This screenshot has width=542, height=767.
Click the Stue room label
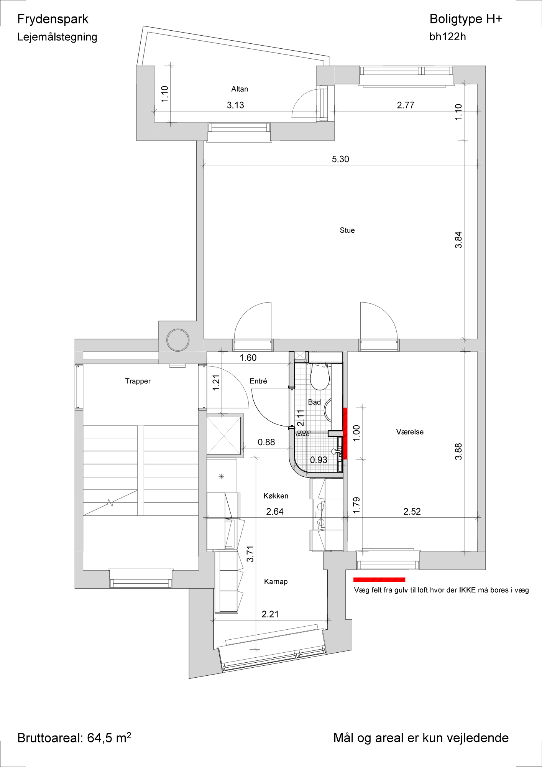click(347, 230)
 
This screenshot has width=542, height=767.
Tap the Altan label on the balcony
click(240, 89)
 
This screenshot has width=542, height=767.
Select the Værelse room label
click(410, 432)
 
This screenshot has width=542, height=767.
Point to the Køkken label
click(276, 496)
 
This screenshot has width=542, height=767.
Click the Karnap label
click(276, 581)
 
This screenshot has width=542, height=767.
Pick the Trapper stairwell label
click(138, 381)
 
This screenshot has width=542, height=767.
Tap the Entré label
click(258, 381)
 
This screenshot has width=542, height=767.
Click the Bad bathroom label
click(314, 402)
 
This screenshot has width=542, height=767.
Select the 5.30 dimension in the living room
click(340, 159)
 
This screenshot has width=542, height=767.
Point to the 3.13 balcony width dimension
click(235, 105)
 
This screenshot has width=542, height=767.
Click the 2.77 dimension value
click(406, 105)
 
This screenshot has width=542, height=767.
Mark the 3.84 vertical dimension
click(458, 240)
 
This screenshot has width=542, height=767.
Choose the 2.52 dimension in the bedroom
click(412, 511)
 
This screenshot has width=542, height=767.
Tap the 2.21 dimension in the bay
click(270, 614)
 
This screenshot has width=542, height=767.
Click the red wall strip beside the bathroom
click(345, 433)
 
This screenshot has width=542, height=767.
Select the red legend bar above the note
click(379, 579)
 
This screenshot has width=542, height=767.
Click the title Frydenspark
click(53, 19)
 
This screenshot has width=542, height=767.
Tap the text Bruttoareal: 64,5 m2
click(74, 737)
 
